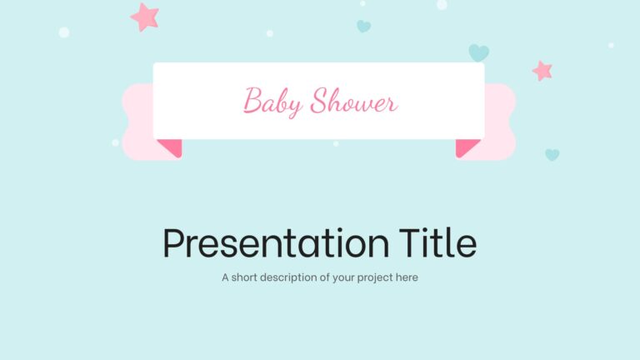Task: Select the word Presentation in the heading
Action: [275, 242]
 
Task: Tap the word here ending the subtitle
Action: [407, 277]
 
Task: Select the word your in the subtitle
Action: [342, 277]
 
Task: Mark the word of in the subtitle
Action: [324, 277]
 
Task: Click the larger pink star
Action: [145, 15]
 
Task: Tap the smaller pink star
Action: [542, 71]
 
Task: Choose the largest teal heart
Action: [478, 52]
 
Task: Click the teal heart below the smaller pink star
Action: [552, 154]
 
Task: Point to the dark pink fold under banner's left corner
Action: [171, 147]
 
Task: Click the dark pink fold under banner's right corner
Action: [467, 147]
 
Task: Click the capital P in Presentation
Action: [172, 242]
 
